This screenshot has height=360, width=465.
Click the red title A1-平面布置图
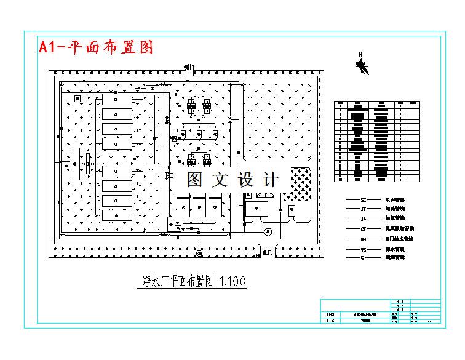(x=96, y=47)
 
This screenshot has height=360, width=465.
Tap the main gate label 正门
(x=267, y=252)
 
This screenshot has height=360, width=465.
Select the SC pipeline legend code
(x=364, y=201)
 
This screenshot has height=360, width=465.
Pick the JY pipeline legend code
(x=364, y=210)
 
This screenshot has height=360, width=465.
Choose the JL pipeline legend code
(x=364, y=218)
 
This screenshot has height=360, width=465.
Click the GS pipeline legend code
(x=364, y=239)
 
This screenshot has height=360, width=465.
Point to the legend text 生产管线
(x=395, y=201)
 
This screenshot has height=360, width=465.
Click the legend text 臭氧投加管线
(x=399, y=229)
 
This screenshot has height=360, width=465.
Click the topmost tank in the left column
(x=117, y=99)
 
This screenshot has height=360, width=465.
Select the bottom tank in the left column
(x=117, y=216)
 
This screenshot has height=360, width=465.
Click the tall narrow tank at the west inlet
(x=76, y=164)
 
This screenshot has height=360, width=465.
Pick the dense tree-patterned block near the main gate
(x=301, y=183)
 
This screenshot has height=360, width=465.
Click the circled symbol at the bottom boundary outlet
(x=199, y=253)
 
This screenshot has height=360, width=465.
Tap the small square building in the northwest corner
(x=77, y=98)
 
